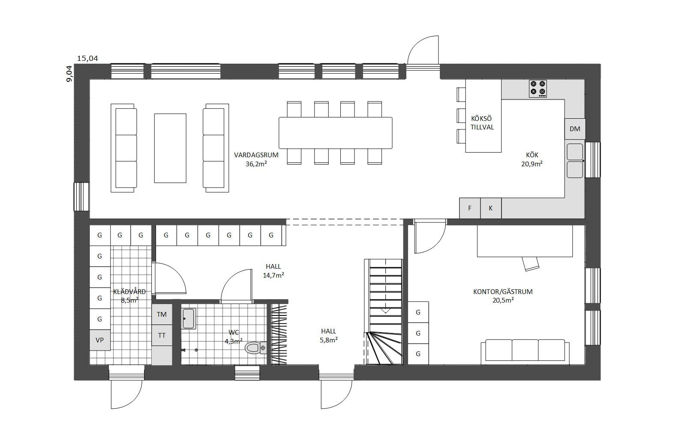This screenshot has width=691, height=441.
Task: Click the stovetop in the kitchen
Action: (538, 89)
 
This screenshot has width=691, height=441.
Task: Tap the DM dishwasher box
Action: (575, 129)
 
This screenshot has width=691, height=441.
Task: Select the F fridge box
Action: (469, 208)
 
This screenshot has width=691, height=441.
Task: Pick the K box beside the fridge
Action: (490, 208)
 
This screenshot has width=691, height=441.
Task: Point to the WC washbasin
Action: (189, 318)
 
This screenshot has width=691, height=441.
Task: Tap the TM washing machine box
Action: (162, 314)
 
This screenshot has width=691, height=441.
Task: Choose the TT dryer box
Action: (162, 335)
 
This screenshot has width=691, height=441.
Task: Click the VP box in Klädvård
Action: (99, 340)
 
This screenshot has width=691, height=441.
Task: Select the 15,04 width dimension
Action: (87, 58)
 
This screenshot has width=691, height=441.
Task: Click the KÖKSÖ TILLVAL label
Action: (482, 123)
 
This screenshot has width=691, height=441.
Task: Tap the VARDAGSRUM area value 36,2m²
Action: (256, 164)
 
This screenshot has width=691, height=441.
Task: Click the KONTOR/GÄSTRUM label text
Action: (503, 291)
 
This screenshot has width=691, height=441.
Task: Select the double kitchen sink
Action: (575, 161)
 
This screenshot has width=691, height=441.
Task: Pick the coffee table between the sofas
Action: (170, 148)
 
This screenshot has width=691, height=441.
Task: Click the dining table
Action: (335, 133)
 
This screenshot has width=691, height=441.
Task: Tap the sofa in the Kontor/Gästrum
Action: (525, 351)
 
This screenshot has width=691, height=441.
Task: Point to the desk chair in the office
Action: (530, 264)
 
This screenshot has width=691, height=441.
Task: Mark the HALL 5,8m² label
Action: (328, 336)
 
